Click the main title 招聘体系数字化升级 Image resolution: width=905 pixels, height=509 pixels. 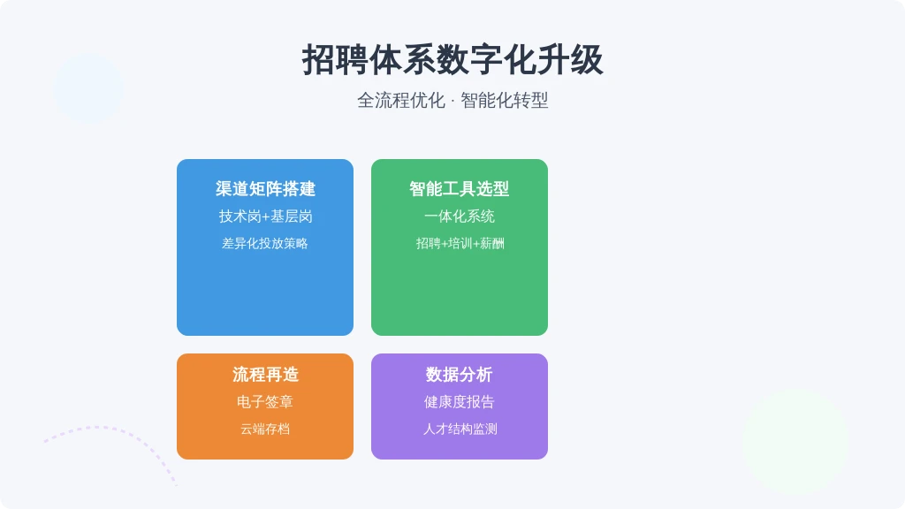(x=452, y=60)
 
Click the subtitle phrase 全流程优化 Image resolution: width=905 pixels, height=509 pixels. (x=401, y=101)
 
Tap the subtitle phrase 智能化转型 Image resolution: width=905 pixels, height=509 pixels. (x=505, y=101)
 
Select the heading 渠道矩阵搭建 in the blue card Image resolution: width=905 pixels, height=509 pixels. (x=265, y=189)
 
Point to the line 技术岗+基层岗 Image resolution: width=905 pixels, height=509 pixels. (x=265, y=217)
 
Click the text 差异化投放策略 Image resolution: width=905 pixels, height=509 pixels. (x=265, y=244)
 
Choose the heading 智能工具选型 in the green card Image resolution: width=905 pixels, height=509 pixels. (x=460, y=189)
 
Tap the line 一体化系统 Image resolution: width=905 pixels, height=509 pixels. (x=460, y=217)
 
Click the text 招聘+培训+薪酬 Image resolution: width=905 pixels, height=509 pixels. (x=460, y=244)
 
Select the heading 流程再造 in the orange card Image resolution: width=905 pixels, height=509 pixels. (x=265, y=375)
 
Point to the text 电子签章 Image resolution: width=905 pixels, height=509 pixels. (x=265, y=402)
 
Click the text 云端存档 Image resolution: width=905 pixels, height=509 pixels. (x=265, y=429)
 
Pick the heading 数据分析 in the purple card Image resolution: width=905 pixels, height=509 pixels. (x=460, y=375)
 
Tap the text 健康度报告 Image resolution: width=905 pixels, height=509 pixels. (x=460, y=402)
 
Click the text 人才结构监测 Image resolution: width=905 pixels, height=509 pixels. (x=460, y=429)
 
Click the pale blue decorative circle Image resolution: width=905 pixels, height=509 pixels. (x=88, y=88)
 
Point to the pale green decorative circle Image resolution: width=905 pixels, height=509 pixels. (x=795, y=442)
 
